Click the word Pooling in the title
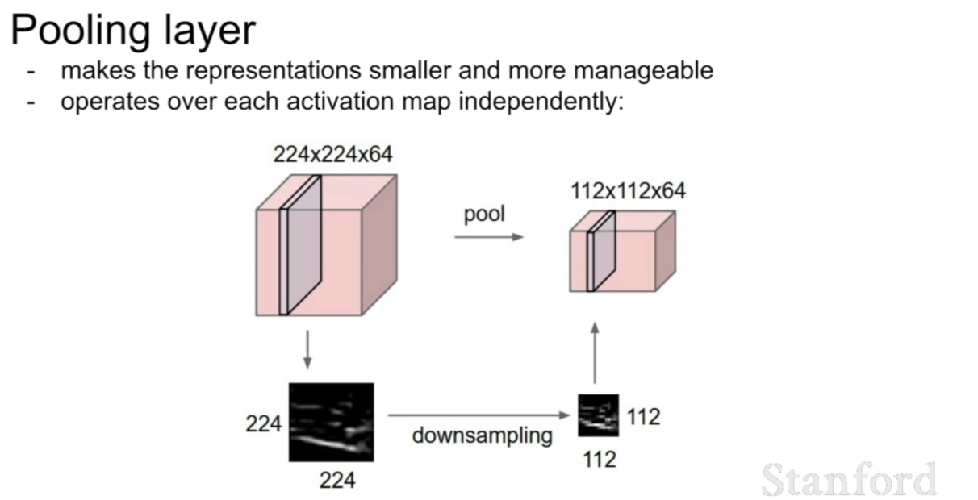[x=81, y=31]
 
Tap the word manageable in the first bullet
[x=643, y=71]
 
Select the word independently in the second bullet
[x=541, y=102]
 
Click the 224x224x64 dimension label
[x=332, y=155]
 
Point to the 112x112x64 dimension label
[x=629, y=191]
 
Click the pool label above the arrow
[x=484, y=215]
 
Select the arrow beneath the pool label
[x=489, y=237]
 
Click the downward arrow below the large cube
[x=307, y=349]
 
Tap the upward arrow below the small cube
[x=595, y=352]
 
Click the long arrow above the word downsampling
[x=479, y=415]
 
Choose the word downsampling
[x=482, y=435]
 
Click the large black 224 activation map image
[x=332, y=422]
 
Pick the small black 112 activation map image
[x=598, y=415]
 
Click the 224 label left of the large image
[x=263, y=423]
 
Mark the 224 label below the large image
[x=337, y=481]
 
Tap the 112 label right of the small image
[x=644, y=417]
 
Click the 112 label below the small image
[x=600, y=459]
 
